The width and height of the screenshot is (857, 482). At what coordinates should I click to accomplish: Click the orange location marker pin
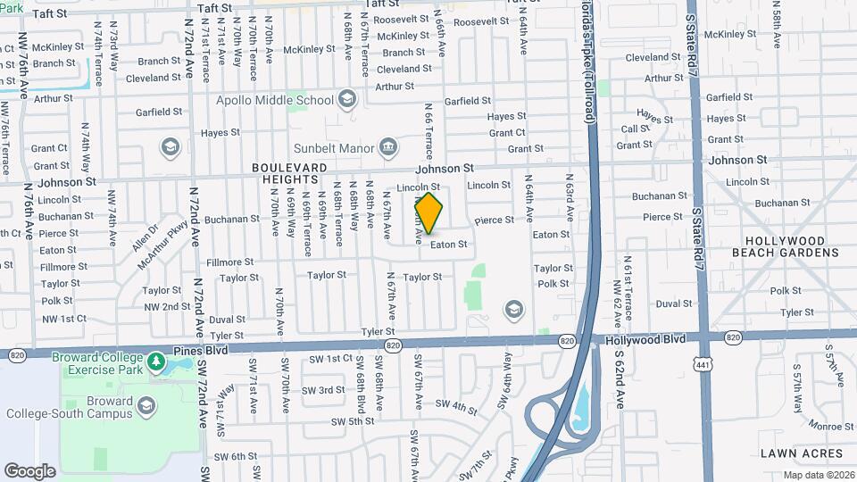click(428, 213)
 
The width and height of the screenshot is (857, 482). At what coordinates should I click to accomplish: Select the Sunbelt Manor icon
click(388, 146)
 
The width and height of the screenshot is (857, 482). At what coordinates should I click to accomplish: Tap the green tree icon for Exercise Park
click(156, 361)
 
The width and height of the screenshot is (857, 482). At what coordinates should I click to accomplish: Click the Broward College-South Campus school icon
click(146, 407)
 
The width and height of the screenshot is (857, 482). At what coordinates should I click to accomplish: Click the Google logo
click(29, 470)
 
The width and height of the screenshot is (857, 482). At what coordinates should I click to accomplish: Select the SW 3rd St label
click(322, 390)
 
